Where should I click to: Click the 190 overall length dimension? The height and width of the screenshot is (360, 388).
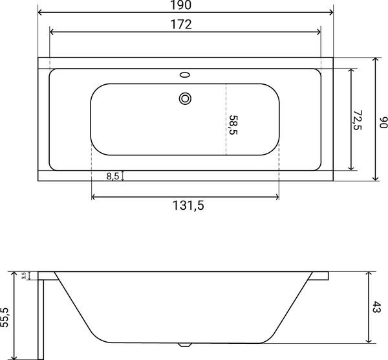pyautogui.click(x=185, y=5)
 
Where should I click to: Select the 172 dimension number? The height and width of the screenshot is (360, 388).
pyautogui.click(x=185, y=25)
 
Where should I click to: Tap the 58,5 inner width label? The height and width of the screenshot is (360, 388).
pyautogui.click(x=232, y=124)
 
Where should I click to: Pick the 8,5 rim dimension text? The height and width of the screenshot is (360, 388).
pyautogui.click(x=113, y=176)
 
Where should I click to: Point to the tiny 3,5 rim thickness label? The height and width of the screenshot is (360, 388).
pyautogui.click(x=24, y=276)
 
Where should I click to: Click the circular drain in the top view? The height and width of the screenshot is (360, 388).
pyautogui.click(x=186, y=98)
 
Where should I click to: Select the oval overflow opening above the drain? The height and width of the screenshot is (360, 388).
pyautogui.click(x=186, y=74)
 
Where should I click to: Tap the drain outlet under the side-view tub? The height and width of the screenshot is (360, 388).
pyautogui.click(x=186, y=344)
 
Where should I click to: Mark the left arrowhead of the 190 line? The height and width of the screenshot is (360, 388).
pyautogui.click(x=41, y=13)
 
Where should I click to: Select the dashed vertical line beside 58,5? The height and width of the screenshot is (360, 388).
pyautogui.click(x=225, y=119)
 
